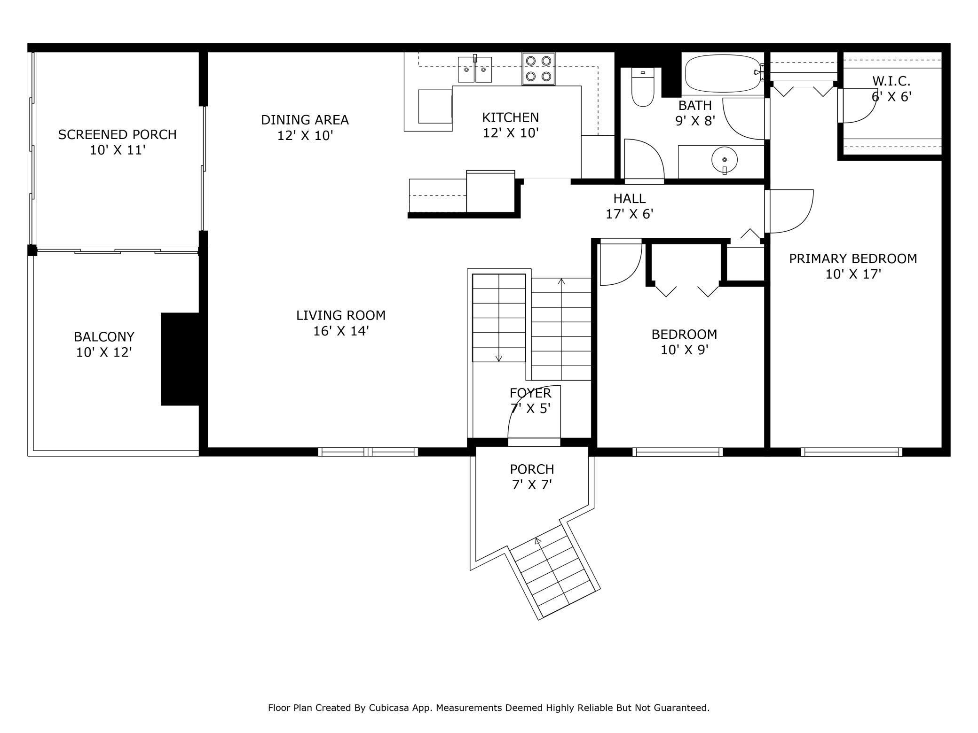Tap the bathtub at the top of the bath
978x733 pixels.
(723, 75)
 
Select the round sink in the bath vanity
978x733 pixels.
(725, 160)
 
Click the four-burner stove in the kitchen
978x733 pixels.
(538, 69)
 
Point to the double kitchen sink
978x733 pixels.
(475, 69)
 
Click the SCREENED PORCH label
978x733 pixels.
(117, 135)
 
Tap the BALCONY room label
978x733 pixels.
(104, 337)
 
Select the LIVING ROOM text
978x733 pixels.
(341, 315)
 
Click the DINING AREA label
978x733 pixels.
(305, 120)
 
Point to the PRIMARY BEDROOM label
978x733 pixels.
(853, 258)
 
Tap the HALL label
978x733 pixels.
(629, 198)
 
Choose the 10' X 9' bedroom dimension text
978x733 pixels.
(685, 350)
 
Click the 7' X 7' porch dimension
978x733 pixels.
(532, 484)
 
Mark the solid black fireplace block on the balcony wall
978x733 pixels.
(180, 359)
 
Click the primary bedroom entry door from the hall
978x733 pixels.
(790, 211)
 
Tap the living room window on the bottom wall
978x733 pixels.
(368, 452)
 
